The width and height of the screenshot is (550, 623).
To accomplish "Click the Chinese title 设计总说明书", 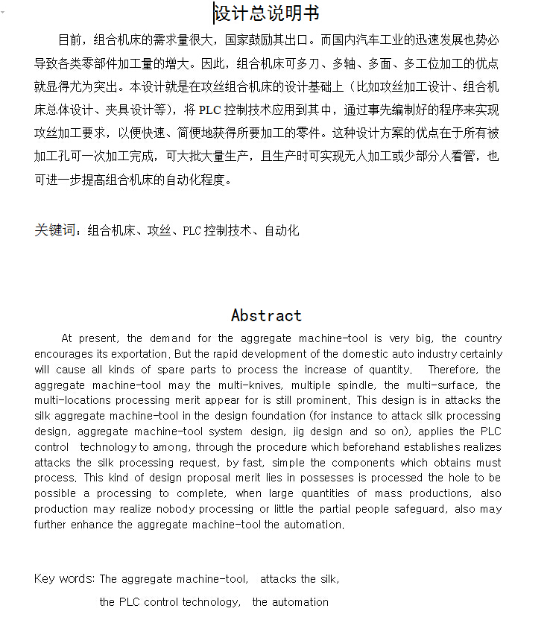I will [266, 13].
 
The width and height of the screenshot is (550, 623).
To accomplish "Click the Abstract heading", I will [266, 315].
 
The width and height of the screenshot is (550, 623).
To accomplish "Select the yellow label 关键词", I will [55, 230].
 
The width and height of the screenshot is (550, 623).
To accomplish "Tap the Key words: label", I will [65, 579].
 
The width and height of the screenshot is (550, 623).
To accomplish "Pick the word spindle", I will [354, 385].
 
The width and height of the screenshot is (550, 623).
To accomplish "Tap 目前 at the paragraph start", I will [69, 39].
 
